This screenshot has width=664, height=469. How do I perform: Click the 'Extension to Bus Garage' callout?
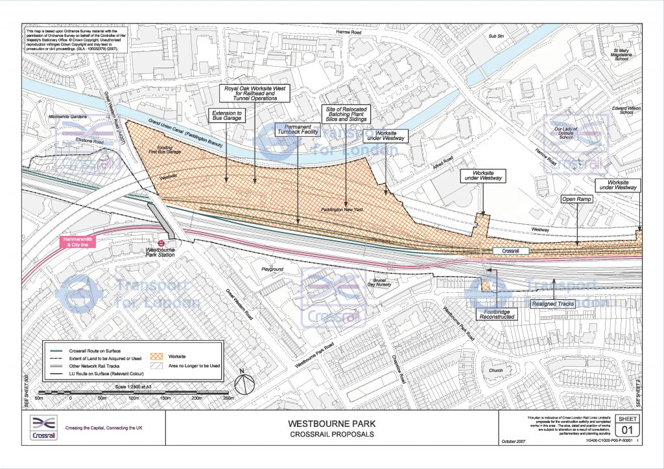tap(226, 117)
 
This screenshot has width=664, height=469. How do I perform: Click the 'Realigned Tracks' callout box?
tap(553, 303)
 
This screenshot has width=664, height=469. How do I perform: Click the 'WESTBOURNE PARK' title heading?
tap(331, 424)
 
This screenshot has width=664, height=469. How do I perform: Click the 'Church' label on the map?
tap(495, 371)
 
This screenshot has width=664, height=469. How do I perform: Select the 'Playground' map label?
tap(273, 268)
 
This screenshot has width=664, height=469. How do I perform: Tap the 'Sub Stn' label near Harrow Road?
tap(497, 37)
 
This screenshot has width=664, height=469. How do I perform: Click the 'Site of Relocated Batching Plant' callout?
tap(346, 115)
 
